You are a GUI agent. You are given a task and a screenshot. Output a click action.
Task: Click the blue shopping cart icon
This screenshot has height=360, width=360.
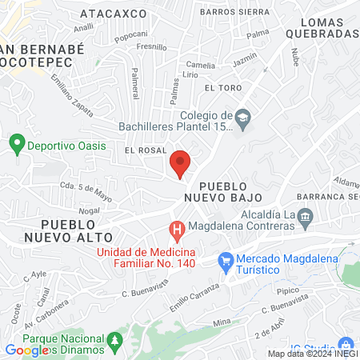226,259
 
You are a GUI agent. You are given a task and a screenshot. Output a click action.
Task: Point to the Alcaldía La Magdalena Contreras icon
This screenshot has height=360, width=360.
305,215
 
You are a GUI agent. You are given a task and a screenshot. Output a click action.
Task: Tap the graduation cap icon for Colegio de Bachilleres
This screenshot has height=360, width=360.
242,120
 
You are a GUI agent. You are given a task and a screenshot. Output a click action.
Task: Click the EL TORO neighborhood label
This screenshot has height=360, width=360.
222,87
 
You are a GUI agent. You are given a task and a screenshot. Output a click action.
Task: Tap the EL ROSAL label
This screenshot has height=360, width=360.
145,150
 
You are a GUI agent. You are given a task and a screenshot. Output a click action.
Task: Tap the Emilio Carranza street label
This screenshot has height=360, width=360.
194,297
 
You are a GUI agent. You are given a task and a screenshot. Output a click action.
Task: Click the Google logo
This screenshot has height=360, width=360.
26,350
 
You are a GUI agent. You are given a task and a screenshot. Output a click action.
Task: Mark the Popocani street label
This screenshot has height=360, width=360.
131,34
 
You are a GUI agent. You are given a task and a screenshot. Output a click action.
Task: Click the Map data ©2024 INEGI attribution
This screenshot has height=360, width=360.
312,354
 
